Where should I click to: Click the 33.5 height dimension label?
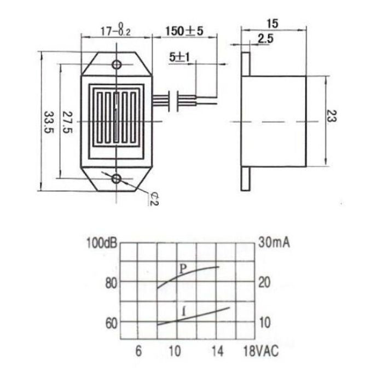pyautogui.click(x=48, y=124)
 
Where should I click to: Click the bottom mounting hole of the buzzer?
pyautogui.click(x=117, y=179)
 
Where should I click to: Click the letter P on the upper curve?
pyautogui.click(x=183, y=268)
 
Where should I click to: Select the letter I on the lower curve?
pyautogui.click(x=184, y=312)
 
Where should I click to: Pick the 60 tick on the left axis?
pyautogui.click(x=111, y=323)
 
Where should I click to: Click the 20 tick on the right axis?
pyautogui.click(x=264, y=283)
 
